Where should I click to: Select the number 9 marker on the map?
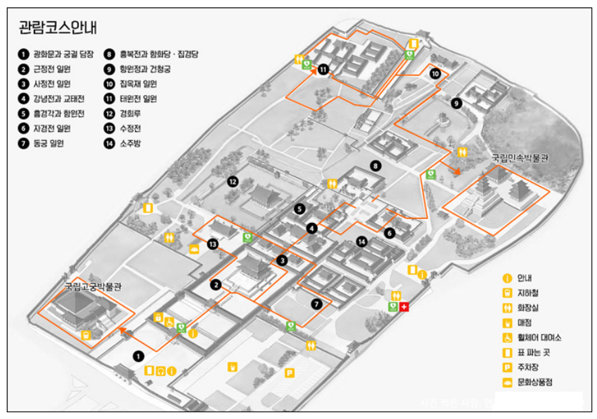click(x=457, y=103)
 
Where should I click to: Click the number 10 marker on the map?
click(x=435, y=73)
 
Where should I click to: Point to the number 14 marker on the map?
click(x=362, y=242)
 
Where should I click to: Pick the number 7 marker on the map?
click(x=316, y=304)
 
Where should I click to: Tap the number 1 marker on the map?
click(x=138, y=355)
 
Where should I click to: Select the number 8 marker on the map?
click(x=376, y=165)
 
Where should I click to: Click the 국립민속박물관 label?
click(x=519, y=159)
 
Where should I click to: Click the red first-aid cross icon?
click(x=404, y=307)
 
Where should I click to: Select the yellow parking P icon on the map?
click(x=289, y=373)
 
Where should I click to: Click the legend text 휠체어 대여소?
click(x=539, y=337)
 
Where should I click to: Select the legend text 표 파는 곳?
click(x=534, y=352)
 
